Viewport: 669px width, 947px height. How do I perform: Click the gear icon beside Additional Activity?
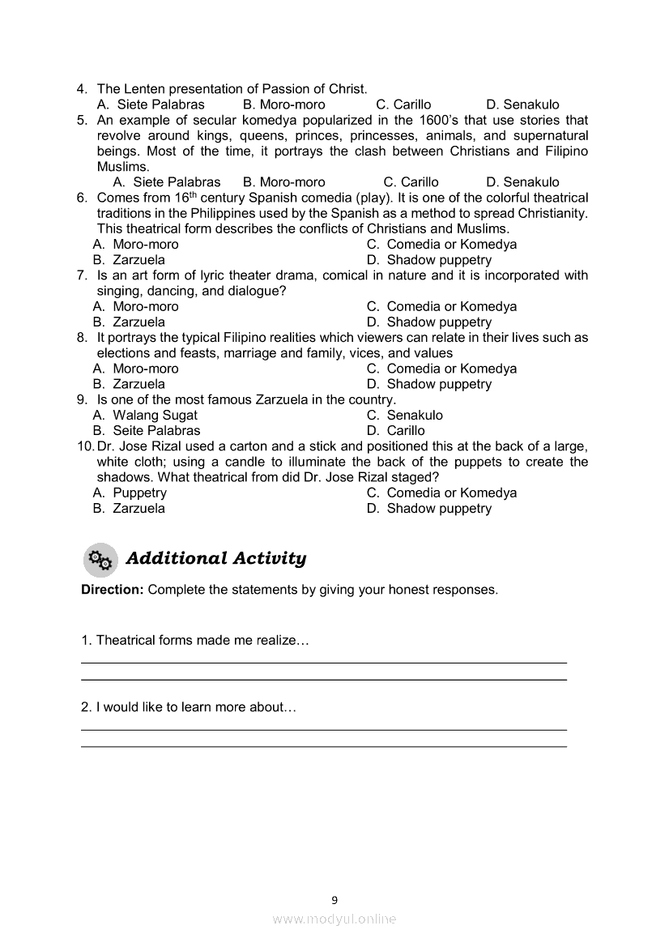[x=100, y=559]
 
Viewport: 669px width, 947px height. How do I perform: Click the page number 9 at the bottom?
[x=334, y=899]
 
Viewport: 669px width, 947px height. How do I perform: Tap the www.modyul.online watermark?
[x=334, y=919]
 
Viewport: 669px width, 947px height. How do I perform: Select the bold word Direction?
[x=113, y=590]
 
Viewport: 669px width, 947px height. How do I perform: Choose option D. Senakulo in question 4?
[x=522, y=105]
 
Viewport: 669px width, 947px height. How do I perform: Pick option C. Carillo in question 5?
[x=411, y=182]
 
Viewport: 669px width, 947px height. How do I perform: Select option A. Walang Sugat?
[x=146, y=416]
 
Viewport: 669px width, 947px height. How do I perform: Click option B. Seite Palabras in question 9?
[x=147, y=431]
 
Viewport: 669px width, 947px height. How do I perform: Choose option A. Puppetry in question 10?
[x=130, y=493]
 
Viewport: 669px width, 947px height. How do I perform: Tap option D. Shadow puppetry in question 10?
[x=429, y=509]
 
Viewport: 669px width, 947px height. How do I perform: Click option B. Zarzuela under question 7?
[x=130, y=322]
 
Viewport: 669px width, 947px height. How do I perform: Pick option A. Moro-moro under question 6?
[x=136, y=245]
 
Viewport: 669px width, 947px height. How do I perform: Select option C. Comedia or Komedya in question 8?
[x=441, y=369]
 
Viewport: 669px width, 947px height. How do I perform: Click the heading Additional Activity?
[x=216, y=559]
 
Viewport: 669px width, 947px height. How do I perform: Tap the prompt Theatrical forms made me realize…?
[x=194, y=641]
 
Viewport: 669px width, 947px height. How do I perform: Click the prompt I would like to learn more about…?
[x=189, y=707]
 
